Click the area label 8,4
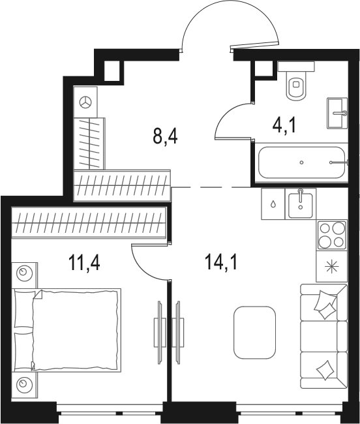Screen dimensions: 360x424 click(x=165, y=137)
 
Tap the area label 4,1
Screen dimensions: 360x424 click(x=284, y=126)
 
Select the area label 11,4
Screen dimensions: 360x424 click(x=85, y=263)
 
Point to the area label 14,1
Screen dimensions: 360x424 click(x=221, y=263)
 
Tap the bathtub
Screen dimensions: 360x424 click(x=302, y=162)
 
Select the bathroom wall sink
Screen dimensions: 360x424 click(x=337, y=113)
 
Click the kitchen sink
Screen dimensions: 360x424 click(x=300, y=204)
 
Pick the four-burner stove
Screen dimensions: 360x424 click(x=332, y=235)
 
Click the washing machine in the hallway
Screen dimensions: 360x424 click(x=85, y=102)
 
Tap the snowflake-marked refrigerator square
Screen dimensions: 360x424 click(x=331, y=266)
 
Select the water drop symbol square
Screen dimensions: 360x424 click(x=273, y=204)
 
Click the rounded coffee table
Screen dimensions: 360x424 click(x=254, y=332)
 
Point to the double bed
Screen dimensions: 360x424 click(x=67, y=329)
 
